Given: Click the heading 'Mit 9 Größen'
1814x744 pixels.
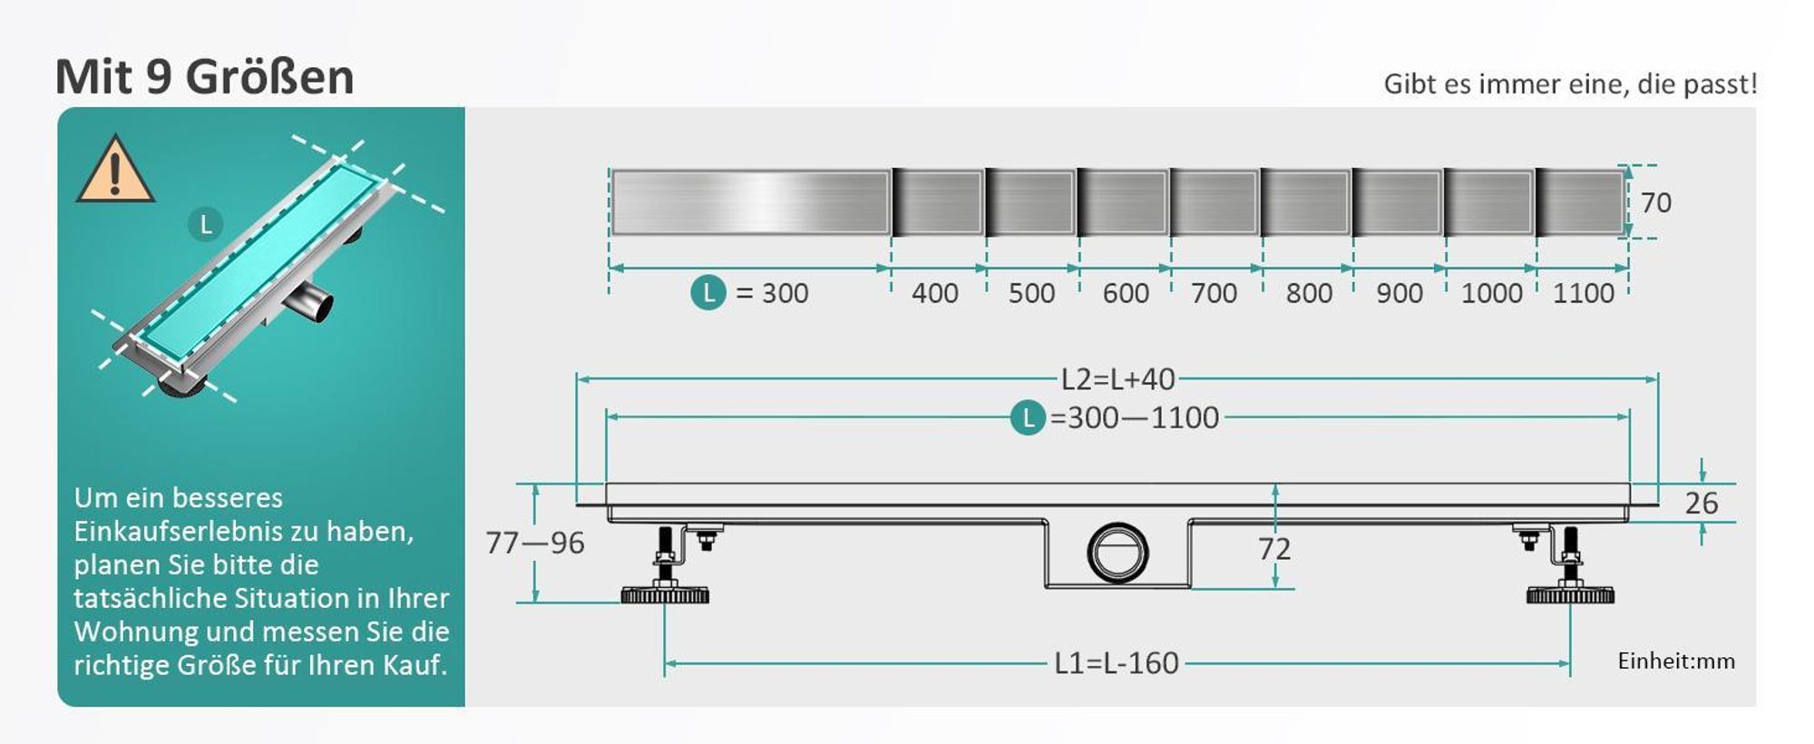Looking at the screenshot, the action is (204, 76).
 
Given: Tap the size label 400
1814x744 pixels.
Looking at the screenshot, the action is (934, 293).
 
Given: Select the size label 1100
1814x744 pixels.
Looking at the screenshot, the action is (1584, 293).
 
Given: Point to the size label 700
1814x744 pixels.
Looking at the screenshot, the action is (1214, 293).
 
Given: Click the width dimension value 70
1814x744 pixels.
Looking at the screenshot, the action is (1655, 202).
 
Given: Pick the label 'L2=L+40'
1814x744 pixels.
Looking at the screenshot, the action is (1117, 378).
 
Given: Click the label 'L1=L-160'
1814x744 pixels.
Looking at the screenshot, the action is (1117, 663).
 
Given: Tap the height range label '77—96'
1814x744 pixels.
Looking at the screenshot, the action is (534, 543).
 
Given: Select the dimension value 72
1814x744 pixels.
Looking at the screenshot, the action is (1273, 548).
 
